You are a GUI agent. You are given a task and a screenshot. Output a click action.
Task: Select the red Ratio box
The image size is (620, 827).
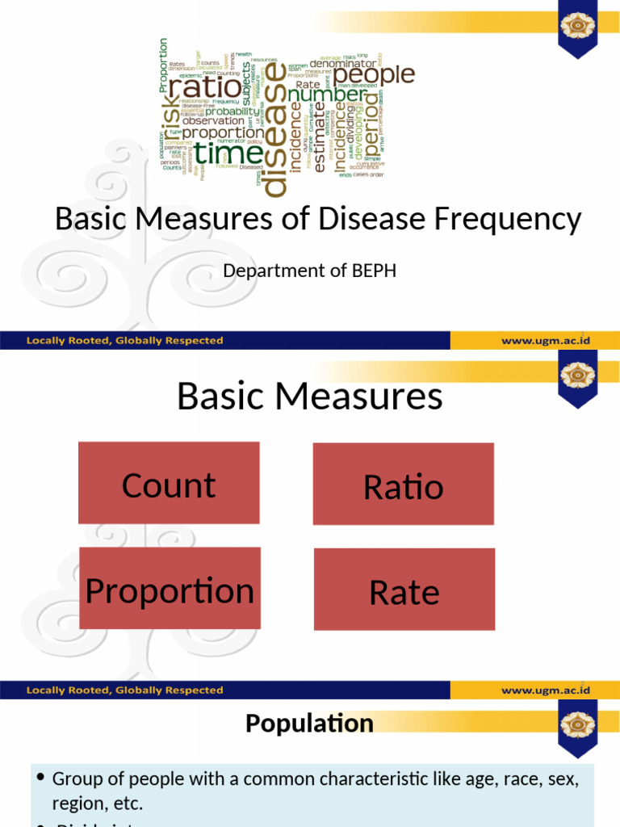point(403,485)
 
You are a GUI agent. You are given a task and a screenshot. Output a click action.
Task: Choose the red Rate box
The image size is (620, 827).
point(404,590)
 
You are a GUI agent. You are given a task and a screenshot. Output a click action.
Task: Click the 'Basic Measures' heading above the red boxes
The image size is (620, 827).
point(309,396)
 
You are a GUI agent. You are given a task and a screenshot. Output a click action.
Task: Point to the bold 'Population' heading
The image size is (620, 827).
point(309,723)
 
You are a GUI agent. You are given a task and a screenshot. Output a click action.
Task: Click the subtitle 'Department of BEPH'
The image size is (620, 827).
point(309,271)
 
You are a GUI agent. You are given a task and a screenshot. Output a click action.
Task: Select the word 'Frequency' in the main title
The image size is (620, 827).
point(510,219)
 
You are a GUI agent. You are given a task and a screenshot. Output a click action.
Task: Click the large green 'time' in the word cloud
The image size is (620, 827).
point(229,153)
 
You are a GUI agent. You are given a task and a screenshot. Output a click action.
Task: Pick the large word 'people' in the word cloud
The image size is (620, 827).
point(374,75)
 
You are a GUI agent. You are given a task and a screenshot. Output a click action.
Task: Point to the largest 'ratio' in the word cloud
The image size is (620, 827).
point(203,86)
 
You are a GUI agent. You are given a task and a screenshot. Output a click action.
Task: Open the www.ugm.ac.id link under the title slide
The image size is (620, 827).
point(546,341)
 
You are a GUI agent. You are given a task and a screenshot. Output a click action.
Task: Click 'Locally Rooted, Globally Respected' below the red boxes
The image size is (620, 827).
point(124,690)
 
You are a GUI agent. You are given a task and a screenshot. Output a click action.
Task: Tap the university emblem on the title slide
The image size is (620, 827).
point(578,27)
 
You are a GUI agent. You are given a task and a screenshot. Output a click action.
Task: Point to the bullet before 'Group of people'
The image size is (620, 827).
point(40,778)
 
